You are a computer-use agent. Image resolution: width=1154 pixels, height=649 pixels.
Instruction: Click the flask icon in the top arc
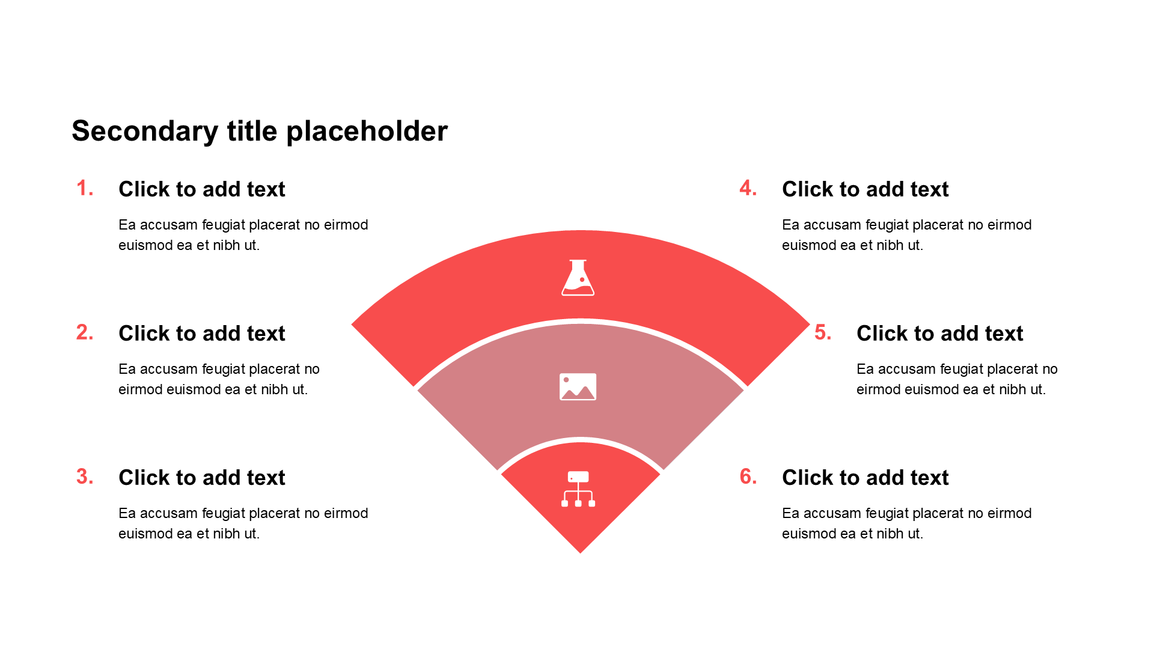coord(578,278)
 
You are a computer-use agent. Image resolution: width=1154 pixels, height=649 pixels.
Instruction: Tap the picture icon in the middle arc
coord(578,387)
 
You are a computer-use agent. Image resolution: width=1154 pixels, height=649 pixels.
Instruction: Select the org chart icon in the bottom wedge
coord(578,489)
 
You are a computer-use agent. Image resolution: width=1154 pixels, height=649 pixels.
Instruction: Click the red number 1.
coord(85,189)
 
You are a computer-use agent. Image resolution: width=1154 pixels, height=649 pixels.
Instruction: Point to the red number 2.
coord(85,333)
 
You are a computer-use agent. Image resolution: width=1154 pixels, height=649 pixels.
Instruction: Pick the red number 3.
coord(85,477)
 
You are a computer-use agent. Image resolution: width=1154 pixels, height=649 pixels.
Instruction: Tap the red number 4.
coord(748,189)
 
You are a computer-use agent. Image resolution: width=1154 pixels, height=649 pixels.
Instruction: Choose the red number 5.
coord(823,333)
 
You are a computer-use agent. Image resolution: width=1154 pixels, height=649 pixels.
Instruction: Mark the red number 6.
coord(748,477)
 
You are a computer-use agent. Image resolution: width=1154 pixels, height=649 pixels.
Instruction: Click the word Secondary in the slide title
coord(145,131)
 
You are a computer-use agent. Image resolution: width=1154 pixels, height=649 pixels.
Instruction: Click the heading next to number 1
coord(201,189)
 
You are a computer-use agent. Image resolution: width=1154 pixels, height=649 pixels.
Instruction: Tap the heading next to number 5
coord(939,334)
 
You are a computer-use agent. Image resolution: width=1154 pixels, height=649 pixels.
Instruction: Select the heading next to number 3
coord(201,478)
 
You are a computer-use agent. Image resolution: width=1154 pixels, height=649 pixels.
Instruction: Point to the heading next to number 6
coord(865,478)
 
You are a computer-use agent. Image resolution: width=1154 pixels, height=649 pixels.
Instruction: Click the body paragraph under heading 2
coord(219,379)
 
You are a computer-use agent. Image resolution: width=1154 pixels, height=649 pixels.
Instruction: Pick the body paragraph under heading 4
coord(906,235)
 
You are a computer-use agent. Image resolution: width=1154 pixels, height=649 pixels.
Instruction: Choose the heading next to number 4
coord(865,189)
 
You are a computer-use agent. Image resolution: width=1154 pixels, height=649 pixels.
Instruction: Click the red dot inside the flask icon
coord(582,280)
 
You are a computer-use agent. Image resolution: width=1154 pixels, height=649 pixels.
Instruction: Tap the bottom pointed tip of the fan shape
coord(581,550)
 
